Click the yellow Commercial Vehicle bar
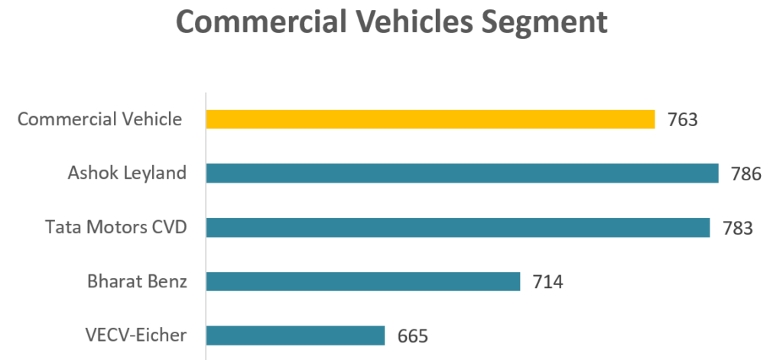pyautogui.click(x=430, y=119)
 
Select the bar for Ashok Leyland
pyautogui.click(x=462, y=174)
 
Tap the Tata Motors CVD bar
pyautogui.click(x=458, y=228)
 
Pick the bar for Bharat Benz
pyautogui.click(x=363, y=281)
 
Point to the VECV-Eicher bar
pyautogui.click(x=295, y=336)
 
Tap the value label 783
pyautogui.click(x=738, y=229)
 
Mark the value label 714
pyautogui.click(x=547, y=282)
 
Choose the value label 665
pyautogui.click(x=412, y=336)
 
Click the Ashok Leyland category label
pyautogui.click(x=127, y=174)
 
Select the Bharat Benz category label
pyautogui.click(x=137, y=281)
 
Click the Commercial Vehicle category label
pyautogui.click(x=100, y=119)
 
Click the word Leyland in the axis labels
pyautogui.click(x=156, y=174)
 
